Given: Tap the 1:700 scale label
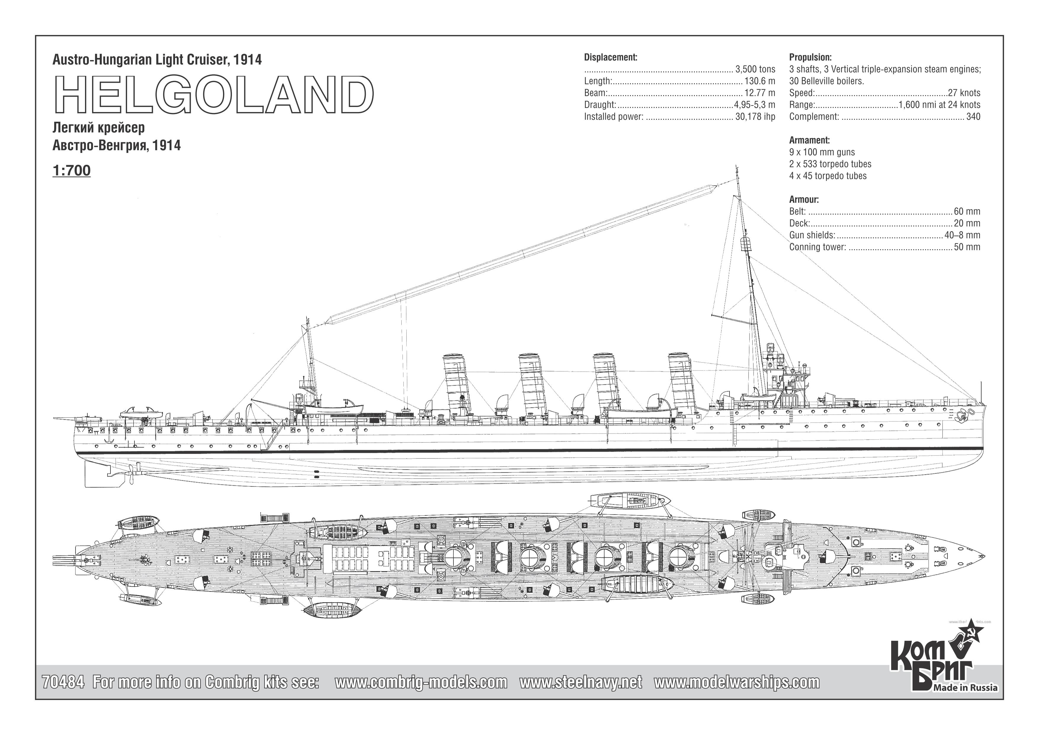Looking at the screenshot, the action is (71, 171).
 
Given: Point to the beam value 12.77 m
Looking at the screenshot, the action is (760, 93).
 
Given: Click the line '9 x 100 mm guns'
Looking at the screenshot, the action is (822, 152).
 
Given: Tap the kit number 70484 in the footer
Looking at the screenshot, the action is (63, 682).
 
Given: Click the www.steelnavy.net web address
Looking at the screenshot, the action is (581, 682).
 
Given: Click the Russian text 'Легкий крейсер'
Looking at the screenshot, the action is (99, 128).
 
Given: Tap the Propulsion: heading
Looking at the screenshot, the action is (810, 57).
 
